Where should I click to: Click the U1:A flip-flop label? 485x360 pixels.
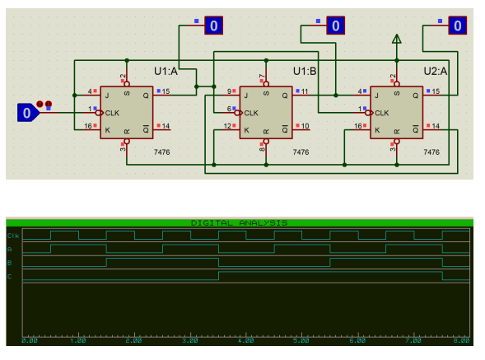166,71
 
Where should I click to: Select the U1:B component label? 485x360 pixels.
305,71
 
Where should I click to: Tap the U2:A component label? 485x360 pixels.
436,71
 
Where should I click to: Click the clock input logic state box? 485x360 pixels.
26,112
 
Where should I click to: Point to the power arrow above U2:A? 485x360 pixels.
397,39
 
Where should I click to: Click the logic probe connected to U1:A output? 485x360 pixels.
213,26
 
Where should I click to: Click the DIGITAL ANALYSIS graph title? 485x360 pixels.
239,223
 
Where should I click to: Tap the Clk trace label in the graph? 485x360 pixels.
13,236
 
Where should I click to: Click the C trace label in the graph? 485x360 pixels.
10,276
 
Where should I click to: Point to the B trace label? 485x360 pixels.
10,262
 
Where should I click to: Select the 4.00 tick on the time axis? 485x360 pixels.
245,339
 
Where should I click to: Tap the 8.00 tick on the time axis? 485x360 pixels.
461,339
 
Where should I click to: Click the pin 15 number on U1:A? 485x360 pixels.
166,91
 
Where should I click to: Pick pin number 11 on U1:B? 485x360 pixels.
305,91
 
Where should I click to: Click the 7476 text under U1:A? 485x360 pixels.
161,152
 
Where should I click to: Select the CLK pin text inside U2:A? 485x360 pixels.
382,112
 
